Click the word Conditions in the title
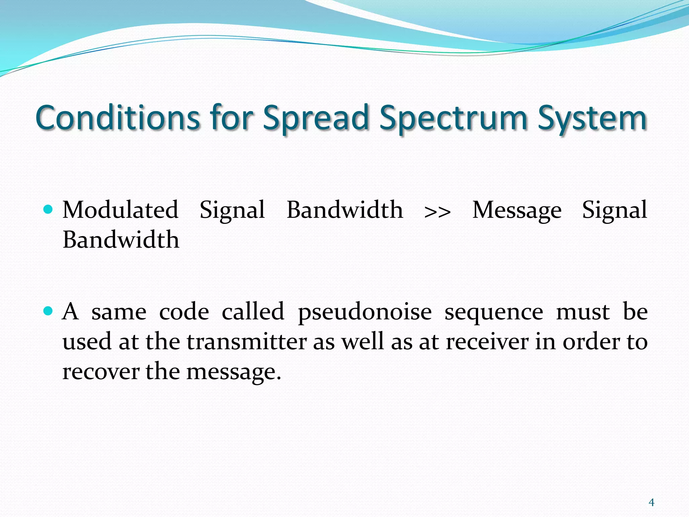pyautogui.click(x=118, y=118)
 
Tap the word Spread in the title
pyautogui.click(x=316, y=118)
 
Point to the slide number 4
pyautogui.click(x=651, y=503)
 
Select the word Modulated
pyautogui.click(x=120, y=210)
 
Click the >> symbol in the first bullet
pyautogui.click(x=437, y=212)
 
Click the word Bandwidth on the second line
pyautogui.click(x=121, y=240)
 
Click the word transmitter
pyautogui.click(x=247, y=342)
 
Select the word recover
pyautogui.click(x=101, y=372)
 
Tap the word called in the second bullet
pyautogui.click(x=253, y=311)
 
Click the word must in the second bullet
pyautogui.click(x=583, y=312)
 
